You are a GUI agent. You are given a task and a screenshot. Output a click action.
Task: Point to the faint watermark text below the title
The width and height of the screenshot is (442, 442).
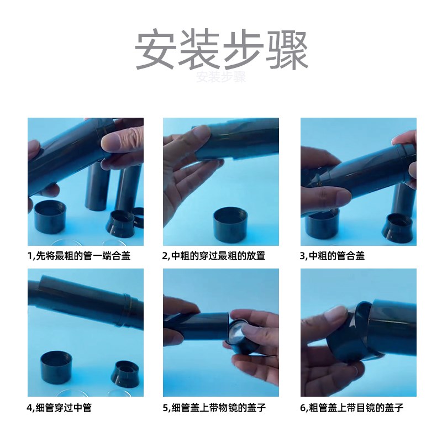[220, 77]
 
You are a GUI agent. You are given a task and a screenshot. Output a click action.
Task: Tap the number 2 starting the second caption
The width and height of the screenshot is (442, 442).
[165, 256]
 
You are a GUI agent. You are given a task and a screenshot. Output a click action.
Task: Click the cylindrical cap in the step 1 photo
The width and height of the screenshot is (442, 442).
[50, 217]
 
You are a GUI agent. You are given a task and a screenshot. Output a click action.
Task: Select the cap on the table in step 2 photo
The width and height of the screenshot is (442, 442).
[230, 224]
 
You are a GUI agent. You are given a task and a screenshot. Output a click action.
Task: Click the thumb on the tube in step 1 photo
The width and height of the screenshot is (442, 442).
[118, 141]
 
